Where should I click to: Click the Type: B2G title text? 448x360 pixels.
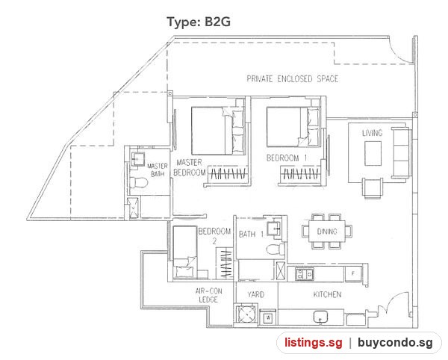click(x=199, y=22)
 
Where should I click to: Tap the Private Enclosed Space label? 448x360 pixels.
click(x=292, y=79)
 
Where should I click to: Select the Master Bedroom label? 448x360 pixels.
click(x=189, y=167)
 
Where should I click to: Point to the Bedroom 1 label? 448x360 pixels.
click(x=287, y=158)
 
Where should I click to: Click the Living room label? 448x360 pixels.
click(x=372, y=133)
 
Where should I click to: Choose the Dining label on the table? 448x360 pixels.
click(x=327, y=232)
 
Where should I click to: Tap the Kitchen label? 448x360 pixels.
click(x=327, y=294)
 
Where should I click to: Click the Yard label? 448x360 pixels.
click(x=255, y=294)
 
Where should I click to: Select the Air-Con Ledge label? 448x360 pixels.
click(x=208, y=296)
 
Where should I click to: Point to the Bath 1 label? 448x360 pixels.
click(x=251, y=235)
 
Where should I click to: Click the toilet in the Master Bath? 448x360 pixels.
click(x=139, y=182)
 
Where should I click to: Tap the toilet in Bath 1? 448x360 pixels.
click(x=276, y=249)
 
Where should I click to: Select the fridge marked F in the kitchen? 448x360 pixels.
click(x=353, y=273)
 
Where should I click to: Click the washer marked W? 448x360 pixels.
click(x=268, y=317)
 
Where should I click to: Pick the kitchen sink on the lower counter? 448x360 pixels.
click(x=321, y=317)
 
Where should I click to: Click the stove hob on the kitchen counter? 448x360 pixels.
click(x=305, y=273)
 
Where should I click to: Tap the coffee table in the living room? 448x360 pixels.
click(x=373, y=154)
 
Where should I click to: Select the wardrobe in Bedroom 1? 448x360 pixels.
click(x=301, y=174)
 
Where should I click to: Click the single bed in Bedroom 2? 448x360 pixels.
click(x=184, y=252)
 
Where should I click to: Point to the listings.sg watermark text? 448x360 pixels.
click(x=313, y=342)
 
